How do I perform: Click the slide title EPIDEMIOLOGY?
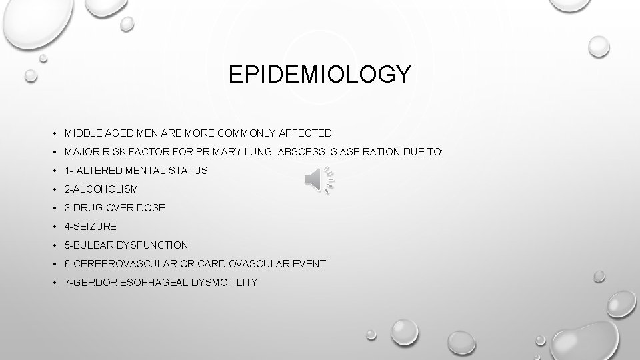tap(320, 74)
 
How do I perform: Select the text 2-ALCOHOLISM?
tap(101, 189)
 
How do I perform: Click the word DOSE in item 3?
tap(151, 208)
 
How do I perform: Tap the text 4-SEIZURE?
tap(91, 227)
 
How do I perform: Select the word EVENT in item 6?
tap(309, 264)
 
